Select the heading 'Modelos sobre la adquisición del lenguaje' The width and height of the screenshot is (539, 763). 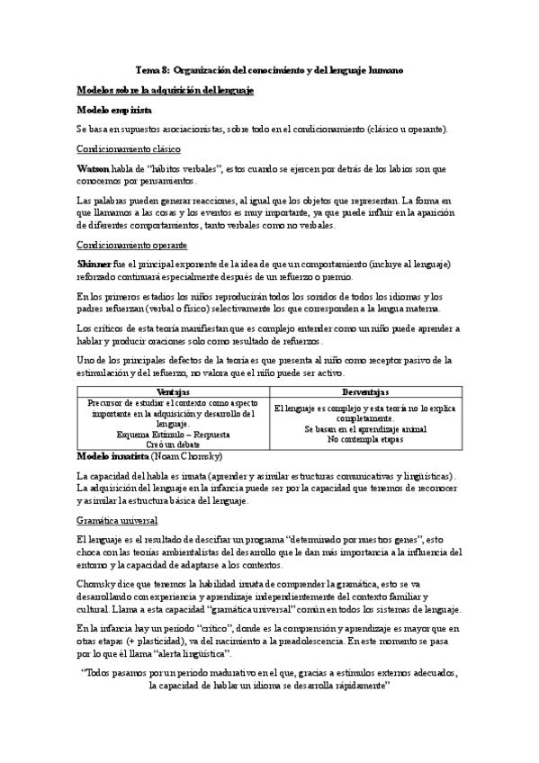click(x=166, y=90)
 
